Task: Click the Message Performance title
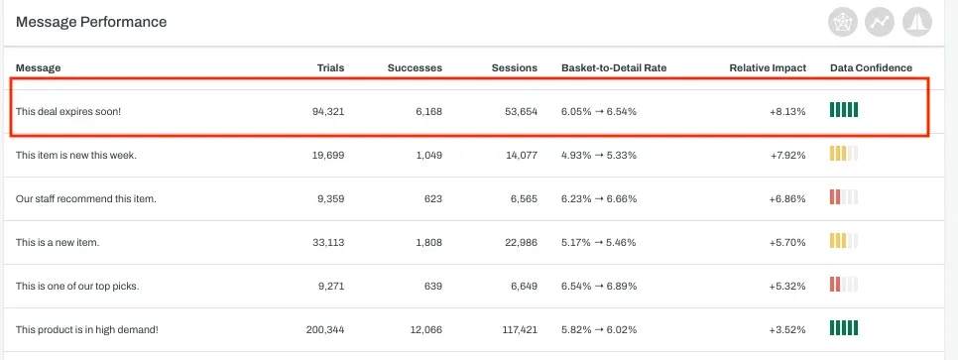coord(91,22)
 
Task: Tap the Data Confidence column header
coord(871,67)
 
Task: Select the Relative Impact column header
coord(768,67)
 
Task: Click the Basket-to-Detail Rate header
coord(614,67)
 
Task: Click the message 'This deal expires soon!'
coord(68,111)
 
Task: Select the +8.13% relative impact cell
coord(787,111)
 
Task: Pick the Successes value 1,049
coord(427,156)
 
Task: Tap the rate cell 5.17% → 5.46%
coord(598,243)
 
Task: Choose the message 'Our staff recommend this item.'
coord(86,199)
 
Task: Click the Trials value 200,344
coord(325,330)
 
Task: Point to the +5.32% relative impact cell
coord(787,286)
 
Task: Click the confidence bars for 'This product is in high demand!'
coord(844,328)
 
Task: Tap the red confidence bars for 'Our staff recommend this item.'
coord(844,196)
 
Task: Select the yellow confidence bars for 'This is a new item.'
coord(844,240)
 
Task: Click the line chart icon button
coord(880,23)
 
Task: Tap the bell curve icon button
coord(917,23)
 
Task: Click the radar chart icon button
coord(843,23)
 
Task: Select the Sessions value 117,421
coord(520,330)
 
